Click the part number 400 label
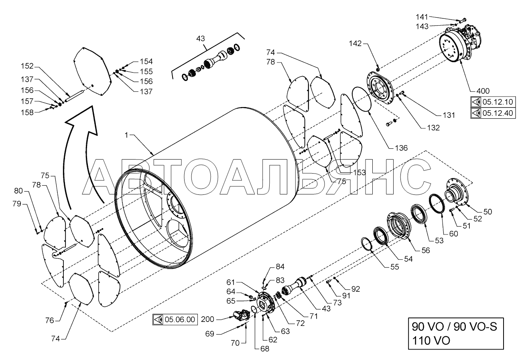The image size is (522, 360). coord(483,91)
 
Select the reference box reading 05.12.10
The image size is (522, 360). coord(493,102)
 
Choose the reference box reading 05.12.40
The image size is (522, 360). coord(493,113)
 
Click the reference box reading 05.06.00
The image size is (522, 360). coord(175,320)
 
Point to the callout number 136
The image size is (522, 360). coord(401,148)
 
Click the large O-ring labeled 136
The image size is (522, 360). coord(361,99)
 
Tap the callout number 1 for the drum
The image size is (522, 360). coord(126,135)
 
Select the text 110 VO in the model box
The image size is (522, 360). coord(431,341)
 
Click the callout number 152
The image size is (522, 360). coord(27,66)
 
